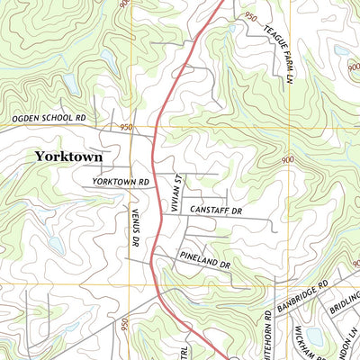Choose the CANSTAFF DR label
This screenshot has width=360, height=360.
219,210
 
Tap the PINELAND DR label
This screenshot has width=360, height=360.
206,263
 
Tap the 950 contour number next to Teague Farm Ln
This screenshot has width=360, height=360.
250,18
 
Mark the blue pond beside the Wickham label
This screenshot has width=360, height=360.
314,337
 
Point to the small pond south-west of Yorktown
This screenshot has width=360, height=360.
54,244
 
